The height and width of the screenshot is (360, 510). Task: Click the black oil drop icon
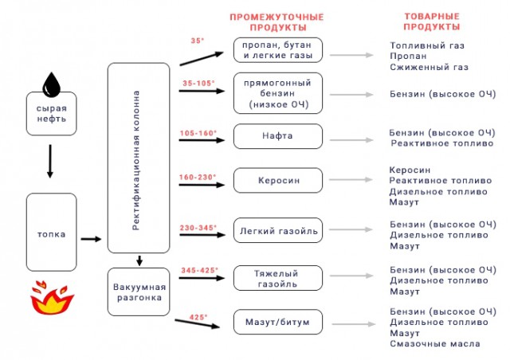[51, 85]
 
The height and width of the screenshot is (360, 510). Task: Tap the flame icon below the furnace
[52, 298]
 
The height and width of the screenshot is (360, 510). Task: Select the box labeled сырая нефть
[51, 114]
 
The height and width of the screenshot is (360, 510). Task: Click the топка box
[51, 233]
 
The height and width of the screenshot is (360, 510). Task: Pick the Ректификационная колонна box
[139, 158]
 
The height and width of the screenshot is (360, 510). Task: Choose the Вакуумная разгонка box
[139, 292]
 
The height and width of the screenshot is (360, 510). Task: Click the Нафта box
[278, 136]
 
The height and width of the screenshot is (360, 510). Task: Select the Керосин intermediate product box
[278, 180]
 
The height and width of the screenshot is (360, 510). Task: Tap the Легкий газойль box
[278, 230]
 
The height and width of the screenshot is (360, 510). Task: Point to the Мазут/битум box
[278, 322]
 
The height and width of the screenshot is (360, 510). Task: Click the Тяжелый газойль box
[278, 278]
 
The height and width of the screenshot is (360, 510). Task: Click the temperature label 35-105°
[198, 84]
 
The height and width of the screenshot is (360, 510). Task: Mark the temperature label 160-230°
[198, 178]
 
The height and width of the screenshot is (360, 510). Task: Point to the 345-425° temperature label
[200, 270]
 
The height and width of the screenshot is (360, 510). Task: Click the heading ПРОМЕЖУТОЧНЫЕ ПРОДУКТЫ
[277, 22]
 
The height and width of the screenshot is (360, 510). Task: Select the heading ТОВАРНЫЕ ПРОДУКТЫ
[432, 22]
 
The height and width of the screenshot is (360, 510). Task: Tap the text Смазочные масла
[435, 344]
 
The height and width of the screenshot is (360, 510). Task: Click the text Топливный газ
[427, 45]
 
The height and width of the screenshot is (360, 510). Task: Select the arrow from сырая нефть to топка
[50, 162]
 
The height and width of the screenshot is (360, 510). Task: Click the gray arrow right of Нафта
[351, 140]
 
